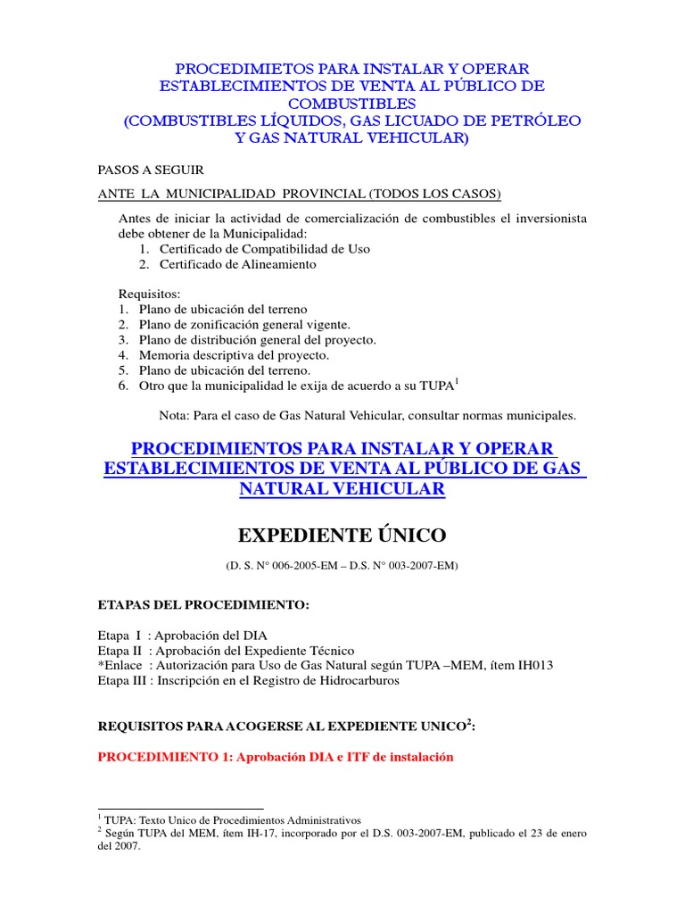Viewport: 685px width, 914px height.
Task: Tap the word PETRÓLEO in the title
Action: (532, 120)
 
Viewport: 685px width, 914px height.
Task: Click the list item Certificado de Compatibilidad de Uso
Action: (264, 249)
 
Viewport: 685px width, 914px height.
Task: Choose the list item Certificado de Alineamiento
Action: (237, 264)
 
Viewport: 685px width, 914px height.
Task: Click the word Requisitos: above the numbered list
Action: (149, 294)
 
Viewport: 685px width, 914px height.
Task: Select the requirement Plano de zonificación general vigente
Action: (244, 324)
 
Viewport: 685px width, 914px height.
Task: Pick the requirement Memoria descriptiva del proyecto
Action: (234, 354)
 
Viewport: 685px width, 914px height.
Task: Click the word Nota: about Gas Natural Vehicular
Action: (175, 415)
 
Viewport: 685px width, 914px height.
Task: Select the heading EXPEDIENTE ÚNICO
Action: (342, 536)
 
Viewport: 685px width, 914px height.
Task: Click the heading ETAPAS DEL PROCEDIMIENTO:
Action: (202, 605)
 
